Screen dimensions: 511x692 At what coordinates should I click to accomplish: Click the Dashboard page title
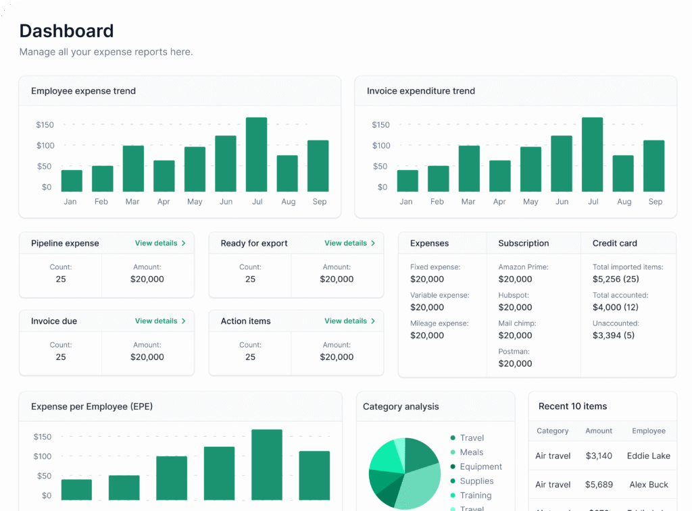pos(66,31)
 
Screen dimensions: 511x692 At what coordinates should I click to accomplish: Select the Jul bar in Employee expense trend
pos(256,155)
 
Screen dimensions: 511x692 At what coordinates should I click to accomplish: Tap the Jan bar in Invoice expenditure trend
pos(407,181)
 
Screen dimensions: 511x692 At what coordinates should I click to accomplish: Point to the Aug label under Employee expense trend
pos(288,202)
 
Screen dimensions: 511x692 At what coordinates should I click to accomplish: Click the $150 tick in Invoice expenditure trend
pos(381,125)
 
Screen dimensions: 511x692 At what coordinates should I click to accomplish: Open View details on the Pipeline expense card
pos(159,243)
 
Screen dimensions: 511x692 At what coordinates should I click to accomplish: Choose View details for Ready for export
pos(349,243)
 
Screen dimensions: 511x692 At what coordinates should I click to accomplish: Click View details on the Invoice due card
pos(159,321)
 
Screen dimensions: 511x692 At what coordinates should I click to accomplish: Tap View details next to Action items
pos(349,321)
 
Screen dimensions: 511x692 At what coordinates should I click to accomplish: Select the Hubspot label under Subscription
pos(514,296)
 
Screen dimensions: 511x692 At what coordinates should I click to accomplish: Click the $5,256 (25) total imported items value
pos(616,279)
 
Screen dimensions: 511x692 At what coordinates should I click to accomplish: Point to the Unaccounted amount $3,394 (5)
pos(613,335)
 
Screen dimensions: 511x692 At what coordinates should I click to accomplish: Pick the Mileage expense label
pos(439,324)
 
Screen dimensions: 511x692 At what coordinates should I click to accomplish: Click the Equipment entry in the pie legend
pos(480,466)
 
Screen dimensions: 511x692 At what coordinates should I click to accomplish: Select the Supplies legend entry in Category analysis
pos(476,481)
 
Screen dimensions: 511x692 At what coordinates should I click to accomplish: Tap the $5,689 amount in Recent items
pos(599,485)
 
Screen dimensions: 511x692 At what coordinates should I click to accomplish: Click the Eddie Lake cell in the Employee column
pos(648,456)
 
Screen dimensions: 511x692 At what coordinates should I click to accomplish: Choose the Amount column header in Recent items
pos(599,431)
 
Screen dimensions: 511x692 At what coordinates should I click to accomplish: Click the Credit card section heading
pos(614,243)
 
